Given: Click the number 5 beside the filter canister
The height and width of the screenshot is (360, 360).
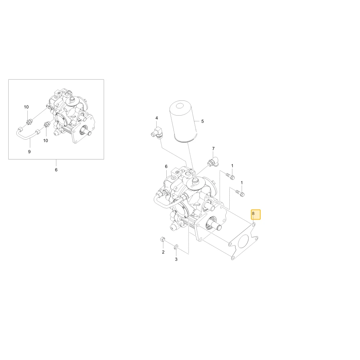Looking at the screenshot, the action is [x=202, y=121].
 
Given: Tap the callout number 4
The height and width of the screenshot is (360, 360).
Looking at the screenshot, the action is [x=157, y=118].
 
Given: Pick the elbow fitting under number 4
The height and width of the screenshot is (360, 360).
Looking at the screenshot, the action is [x=157, y=132].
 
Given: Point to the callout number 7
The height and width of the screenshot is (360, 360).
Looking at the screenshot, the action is [x=213, y=149].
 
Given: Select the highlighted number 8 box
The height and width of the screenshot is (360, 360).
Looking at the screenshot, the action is [x=256, y=215].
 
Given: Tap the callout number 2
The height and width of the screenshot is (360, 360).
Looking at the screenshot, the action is [x=163, y=252].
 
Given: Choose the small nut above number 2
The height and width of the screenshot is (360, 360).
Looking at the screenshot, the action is [x=162, y=239].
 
